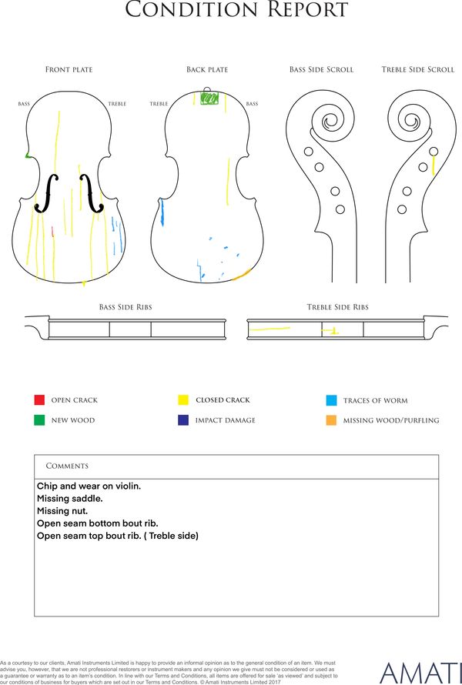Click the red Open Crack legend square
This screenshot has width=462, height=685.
tap(39, 399)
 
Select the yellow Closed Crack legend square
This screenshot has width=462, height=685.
tap(183, 399)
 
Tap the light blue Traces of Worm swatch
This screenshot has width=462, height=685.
tap(331, 400)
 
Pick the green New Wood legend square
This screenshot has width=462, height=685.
tap(39, 419)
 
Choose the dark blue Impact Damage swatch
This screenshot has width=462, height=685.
tap(183, 419)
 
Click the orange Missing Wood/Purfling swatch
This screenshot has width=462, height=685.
tap(331, 420)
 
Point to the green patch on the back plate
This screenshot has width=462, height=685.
tap(209, 99)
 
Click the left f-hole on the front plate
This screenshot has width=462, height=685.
tap(46, 193)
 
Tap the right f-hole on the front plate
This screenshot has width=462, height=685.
tap(92, 193)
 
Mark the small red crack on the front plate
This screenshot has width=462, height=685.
tap(52, 232)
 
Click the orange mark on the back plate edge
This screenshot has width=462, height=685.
tap(241, 274)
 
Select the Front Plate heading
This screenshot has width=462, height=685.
tap(69, 69)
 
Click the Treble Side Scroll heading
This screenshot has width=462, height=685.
tap(418, 69)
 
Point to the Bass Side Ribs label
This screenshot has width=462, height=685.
tap(126, 307)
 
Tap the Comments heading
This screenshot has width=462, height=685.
tap(67, 466)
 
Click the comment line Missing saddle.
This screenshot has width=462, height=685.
tap(70, 499)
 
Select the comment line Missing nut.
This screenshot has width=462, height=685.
tap(62, 511)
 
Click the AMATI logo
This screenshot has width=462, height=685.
tap(420, 673)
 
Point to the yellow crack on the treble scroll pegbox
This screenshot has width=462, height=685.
tap(434, 165)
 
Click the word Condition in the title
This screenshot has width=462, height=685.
tap(192, 9)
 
